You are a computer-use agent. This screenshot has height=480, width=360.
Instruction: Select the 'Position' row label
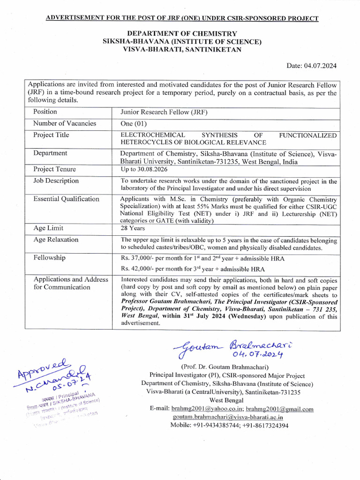coord(45,112)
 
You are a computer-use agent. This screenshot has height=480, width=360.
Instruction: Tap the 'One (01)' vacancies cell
coord(134,124)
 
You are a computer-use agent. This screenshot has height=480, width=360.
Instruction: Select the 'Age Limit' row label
coord(49,228)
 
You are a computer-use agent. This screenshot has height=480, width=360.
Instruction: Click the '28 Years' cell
coord(133,228)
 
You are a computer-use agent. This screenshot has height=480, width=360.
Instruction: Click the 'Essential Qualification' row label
coord(66,199)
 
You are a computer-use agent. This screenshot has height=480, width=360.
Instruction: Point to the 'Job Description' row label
coord(56,181)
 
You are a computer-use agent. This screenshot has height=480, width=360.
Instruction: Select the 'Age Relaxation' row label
coord(56,240)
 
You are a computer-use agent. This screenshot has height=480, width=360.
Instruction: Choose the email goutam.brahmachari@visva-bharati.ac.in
coord(228,417)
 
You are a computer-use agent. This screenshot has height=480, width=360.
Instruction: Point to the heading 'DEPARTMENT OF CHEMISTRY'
coord(182,34)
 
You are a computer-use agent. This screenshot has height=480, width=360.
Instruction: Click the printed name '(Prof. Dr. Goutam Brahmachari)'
coord(228,367)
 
